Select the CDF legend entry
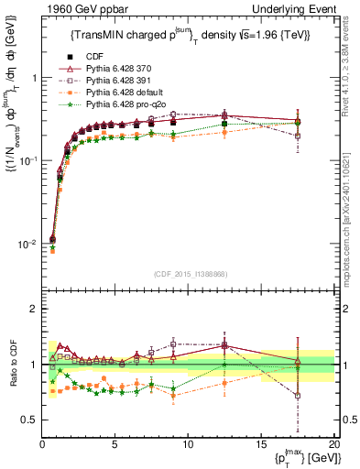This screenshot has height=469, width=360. click(107, 57)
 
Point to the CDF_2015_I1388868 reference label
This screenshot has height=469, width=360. click(188, 274)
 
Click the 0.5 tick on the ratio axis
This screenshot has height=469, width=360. click(30, 420)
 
